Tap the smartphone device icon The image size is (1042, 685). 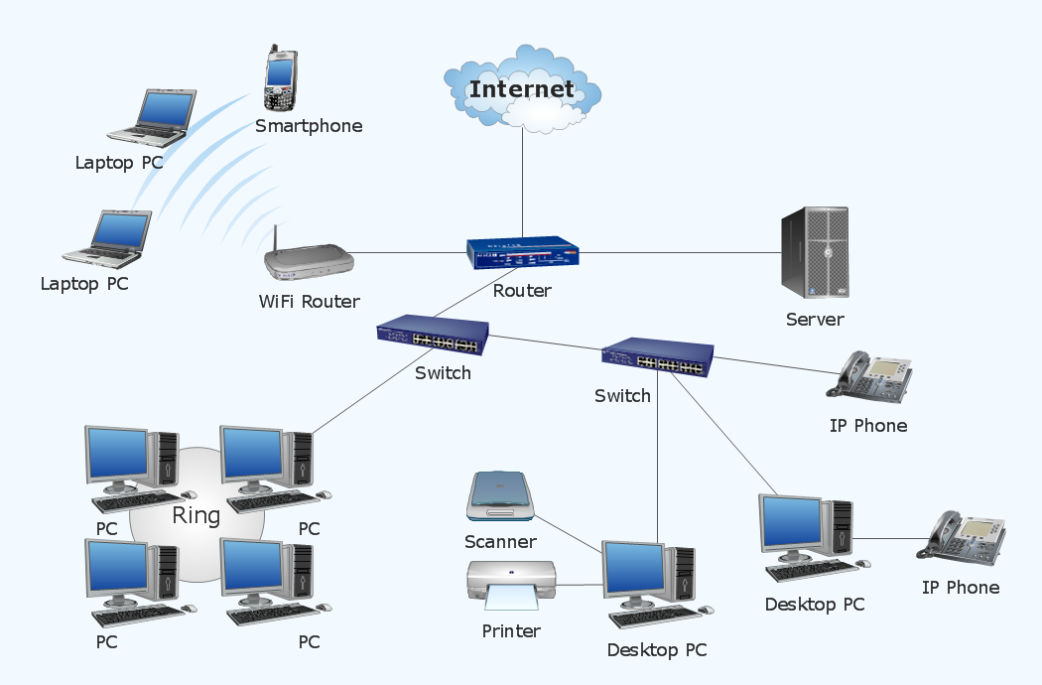[x=280, y=77]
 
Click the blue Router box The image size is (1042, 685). [x=522, y=255]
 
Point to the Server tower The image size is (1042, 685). [x=815, y=253]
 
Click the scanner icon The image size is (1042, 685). [x=501, y=497]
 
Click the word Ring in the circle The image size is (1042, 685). [x=195, y=515]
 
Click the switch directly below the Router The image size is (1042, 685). [x=433, y=336]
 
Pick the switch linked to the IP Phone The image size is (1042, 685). [x=658, y=358]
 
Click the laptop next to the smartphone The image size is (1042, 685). [x=151, y=116]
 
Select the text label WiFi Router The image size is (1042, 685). [x=309, y=302]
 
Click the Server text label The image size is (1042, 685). [x=815, y=320]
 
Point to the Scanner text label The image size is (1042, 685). [x=500, y=542]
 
